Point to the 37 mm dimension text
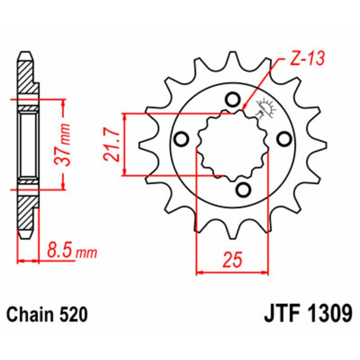point(64,144)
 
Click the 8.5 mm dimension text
point(67,251)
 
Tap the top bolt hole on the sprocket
point(233,99)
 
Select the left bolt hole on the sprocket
point(181,140)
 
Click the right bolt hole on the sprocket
point(283,140)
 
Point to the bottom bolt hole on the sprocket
point(243,190)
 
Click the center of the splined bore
point(233,144)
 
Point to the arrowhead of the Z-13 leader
point(244,108)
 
